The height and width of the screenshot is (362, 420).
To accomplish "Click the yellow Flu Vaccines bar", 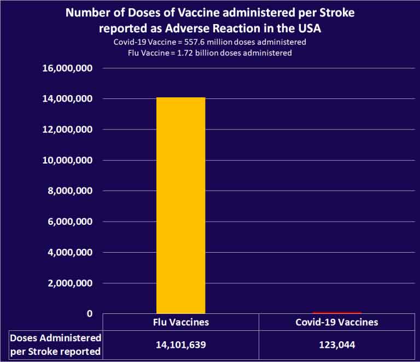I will [180, 205].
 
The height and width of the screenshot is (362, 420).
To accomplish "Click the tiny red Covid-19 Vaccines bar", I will [337, 312].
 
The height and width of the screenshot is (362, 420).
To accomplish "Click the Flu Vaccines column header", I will [180, 322].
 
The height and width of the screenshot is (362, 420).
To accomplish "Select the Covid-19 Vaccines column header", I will [337, 322].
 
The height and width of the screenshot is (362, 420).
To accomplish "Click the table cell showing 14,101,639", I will [180, 345].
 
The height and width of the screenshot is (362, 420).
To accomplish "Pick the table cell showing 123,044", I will [337, 345].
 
